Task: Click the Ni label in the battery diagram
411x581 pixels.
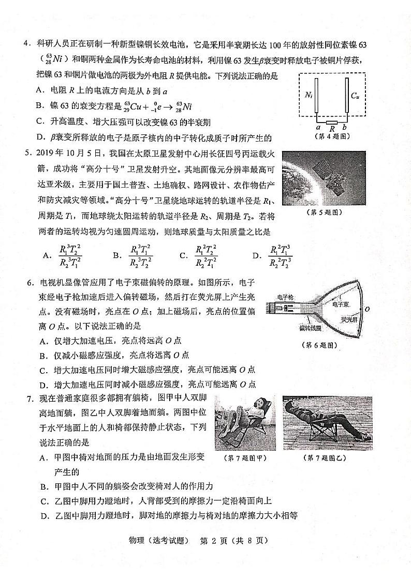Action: tap(309, 95)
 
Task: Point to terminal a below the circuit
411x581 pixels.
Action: tap(317, 128)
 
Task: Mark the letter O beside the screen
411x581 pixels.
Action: tap(366, 309)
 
